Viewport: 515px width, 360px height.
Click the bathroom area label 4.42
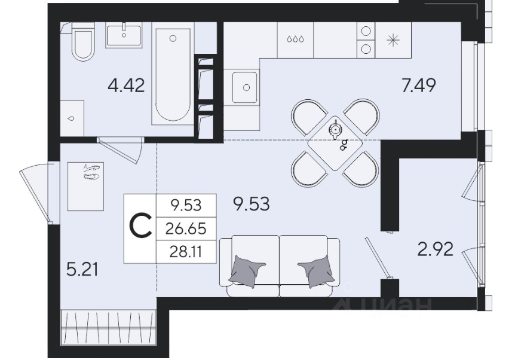[126, 86]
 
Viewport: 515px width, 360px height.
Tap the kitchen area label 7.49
[419, 86]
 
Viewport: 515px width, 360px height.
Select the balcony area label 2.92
[435, 249]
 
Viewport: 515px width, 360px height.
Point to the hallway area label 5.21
[82, 270]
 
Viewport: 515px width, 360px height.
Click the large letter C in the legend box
[140, 226]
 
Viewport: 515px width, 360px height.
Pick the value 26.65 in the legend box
[186, 228]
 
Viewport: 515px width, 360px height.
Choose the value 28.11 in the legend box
[186, 252]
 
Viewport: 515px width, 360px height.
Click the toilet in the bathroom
[83, 42]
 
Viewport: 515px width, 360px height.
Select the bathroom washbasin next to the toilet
[124, 35]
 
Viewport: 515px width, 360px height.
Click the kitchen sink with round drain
[245, 87]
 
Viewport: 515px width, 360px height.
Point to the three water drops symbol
[295, 39]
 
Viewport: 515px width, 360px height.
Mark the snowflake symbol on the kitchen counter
[393, 40]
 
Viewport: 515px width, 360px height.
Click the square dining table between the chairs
[335, 144]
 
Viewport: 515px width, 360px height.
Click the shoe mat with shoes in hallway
[85, 186]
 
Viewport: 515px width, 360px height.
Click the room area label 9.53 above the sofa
[252, 204]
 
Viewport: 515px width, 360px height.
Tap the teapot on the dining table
[335, 130]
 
